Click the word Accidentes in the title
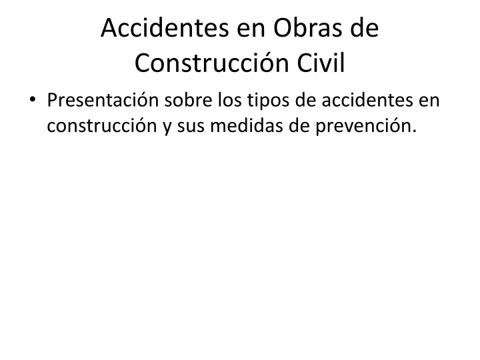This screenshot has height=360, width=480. pos(165,28)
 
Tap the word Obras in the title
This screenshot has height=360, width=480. pos(308,28)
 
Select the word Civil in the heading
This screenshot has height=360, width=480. pos(321,63)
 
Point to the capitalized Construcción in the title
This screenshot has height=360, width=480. pos(212,63)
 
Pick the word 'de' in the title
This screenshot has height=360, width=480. pos(365,28)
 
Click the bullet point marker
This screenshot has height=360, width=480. pos(33,99)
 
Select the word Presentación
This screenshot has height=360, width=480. pos(103,100)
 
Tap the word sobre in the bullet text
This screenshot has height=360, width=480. pos(188,100)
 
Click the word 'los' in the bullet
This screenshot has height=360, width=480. pos(229,100)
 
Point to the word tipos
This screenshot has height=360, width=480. pos(268,101)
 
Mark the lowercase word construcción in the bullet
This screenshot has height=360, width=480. pos(102,125)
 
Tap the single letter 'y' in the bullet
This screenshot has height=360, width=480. pos(167,128)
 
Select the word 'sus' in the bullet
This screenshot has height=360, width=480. pos(191,127)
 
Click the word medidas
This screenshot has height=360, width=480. pos(247,125)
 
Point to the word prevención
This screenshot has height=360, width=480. pos(367,127)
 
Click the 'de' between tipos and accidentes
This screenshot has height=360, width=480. pos(305,100)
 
